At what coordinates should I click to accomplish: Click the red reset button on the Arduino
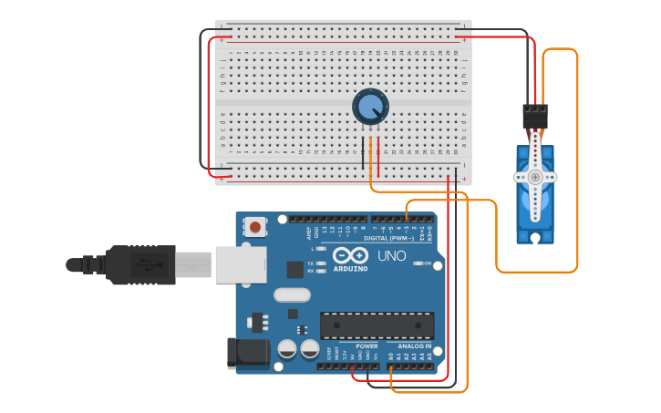coord(255,226)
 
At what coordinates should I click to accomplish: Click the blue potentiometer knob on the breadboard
coord(370,108)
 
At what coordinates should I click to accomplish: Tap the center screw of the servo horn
coord(535,177)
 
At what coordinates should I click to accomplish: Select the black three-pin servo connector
coord(535,117)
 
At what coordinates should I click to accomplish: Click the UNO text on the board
coord(392,256)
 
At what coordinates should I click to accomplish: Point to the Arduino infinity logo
coord(350,256)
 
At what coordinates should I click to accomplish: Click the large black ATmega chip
coord(377,325)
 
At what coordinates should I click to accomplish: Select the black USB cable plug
coord(137,265)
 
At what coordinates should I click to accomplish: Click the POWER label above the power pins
coord(367,346)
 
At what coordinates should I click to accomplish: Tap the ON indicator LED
coord(418,263)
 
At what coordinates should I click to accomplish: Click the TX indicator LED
coord(321,263)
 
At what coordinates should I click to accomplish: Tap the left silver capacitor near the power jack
coord(287,349)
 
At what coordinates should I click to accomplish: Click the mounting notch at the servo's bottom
coord(535,238)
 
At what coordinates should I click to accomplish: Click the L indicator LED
coord(321,248)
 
